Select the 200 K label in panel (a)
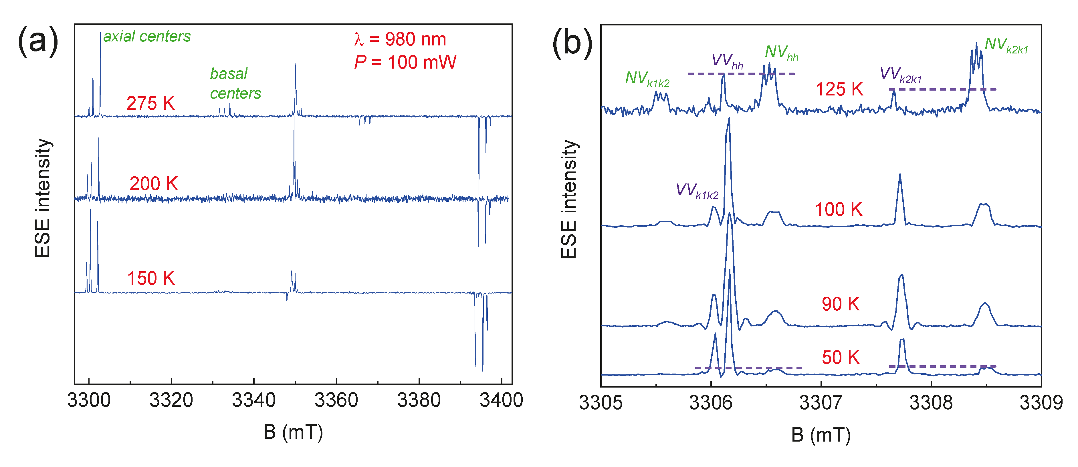[x=154, y=184]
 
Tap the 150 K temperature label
[x=151, y=278]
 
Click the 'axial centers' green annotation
[x=147, y=37]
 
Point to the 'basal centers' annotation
[x=235, y=84]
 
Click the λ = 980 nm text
[x=400, y=39]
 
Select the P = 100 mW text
[x=405, y=62]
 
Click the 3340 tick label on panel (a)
[x=253, y=400]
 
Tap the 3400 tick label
[x=501, y=400]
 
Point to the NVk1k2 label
[x=647, y=79]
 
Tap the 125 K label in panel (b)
[x=839, y=89]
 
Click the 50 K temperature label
[x=840, y=358]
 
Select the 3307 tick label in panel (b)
[x=821, y=403]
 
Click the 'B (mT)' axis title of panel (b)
[x=821, y=435]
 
